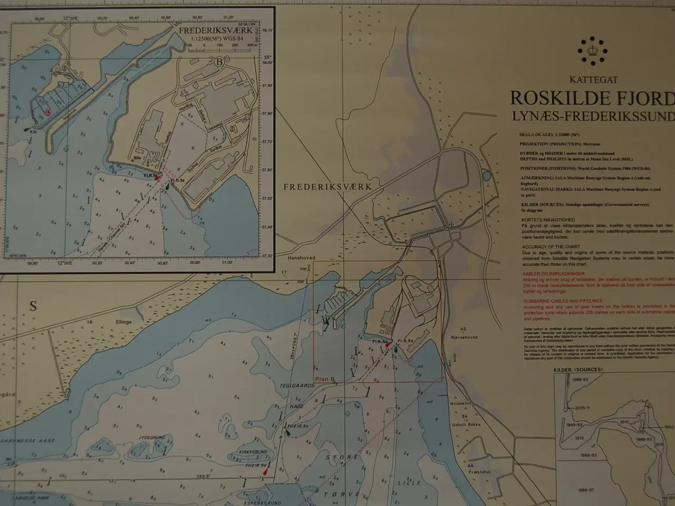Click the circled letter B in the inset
click(219, 61)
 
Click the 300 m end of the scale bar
click(250, 46)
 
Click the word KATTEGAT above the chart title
click(593, 80)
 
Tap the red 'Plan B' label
click(325, 379)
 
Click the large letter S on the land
click(33, 306)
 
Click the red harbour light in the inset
click(157, 179)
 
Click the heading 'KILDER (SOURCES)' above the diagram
click(578, 370)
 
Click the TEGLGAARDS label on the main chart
click(301, 386)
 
